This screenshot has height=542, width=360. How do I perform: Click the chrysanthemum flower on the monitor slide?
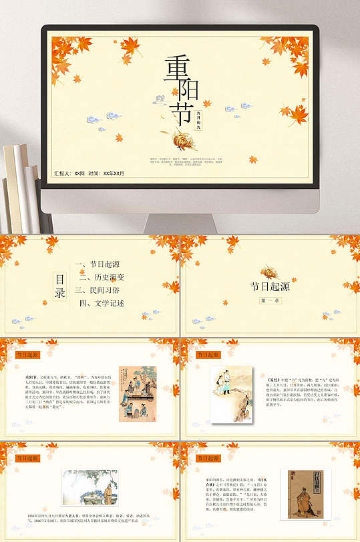(182, 140)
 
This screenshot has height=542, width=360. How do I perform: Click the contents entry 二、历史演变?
(104, 277)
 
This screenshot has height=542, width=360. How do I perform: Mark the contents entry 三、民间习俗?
(98, 290)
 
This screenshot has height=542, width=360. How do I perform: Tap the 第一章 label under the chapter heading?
(270, 301)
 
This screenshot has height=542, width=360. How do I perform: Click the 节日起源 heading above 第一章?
(270, 286)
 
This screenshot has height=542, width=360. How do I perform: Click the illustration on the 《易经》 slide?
(230, 394)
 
